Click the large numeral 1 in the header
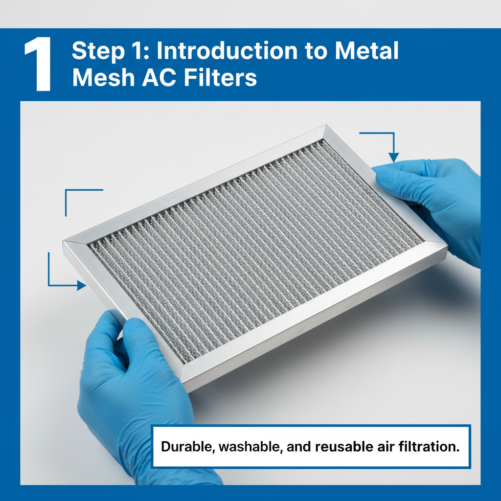38,66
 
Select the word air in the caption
382,447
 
